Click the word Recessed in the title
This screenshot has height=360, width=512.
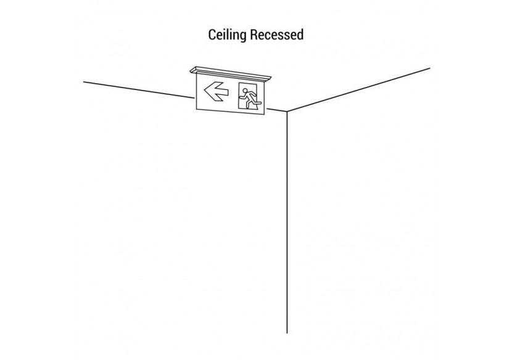tap(276, 35)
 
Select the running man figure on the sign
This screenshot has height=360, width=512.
tap(250, 97)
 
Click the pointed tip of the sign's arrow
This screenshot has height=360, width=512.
tap(205, 92)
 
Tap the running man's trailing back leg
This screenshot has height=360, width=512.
tap(246, 104)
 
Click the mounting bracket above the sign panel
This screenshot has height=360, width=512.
tap(231, 73)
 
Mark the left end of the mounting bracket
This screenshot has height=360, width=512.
tap(192, 70)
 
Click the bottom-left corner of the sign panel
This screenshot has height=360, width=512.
tap(196, 110)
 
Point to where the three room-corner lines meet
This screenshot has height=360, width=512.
tap(287, 112)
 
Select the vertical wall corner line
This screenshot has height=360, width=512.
tap(287, 222)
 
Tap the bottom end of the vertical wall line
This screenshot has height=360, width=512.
tap(287, 333)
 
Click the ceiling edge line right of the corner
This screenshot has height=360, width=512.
tap(358, 90)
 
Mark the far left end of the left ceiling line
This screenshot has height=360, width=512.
tap(84, 81)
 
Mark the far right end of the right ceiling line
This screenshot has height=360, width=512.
tap(430, 68)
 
